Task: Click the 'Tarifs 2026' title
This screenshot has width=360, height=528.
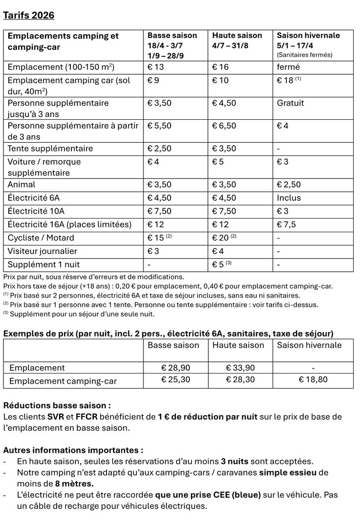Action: tap(28, 15)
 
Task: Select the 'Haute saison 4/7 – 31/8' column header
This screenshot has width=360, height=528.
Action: tap(237, 40)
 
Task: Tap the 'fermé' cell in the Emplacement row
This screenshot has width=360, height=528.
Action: tap(288, 67)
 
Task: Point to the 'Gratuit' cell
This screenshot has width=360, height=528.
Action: tap(290, 103)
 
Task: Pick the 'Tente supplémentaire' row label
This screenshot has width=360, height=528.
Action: tap(50, 149)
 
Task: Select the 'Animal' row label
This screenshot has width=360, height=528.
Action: tap(22, 185)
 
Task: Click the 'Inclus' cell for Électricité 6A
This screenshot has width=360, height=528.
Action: tap(289, 198)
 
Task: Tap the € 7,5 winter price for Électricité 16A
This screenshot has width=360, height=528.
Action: tap(287, 224)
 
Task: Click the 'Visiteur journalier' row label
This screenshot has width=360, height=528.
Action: tap(42, 251)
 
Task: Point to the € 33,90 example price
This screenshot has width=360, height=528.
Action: tap(240, 368)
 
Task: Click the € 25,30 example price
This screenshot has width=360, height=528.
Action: tap(176, 380)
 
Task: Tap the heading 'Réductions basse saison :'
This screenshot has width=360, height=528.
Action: tap(57, 406)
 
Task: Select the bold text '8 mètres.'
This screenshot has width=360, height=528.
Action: tap(74, 484)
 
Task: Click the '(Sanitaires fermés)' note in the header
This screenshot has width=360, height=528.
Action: tap(304, 55)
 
